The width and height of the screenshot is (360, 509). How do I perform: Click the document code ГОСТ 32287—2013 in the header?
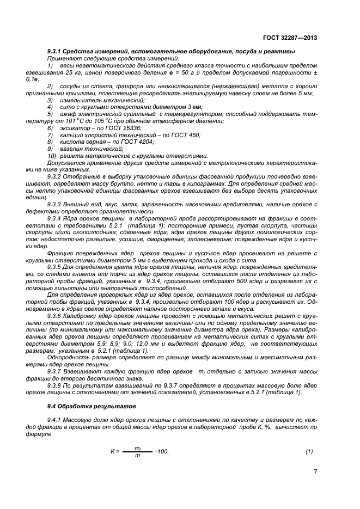click(x=290, y=38)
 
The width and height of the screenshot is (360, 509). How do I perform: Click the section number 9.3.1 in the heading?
click(x=56, y=51)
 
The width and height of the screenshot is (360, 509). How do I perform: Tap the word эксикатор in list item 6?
click(x=75, y=128)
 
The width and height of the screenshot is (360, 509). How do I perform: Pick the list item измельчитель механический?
click(x=96, y=100)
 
